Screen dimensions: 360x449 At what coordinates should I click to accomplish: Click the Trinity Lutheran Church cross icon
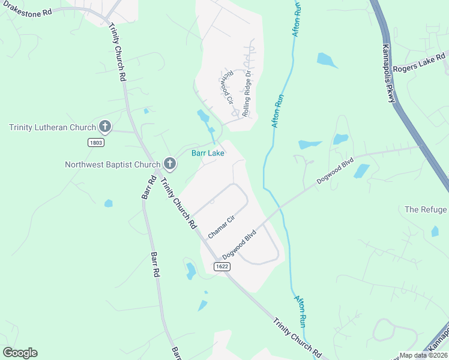point(104,127)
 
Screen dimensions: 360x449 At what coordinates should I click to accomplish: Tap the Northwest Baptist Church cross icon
point(169,164)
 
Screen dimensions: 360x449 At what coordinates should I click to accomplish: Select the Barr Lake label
point(208,154)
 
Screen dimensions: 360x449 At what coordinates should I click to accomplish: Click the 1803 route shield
point(95,142)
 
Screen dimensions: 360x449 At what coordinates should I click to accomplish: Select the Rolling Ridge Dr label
point(246,94)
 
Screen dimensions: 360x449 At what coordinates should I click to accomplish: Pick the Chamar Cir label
point(220,227)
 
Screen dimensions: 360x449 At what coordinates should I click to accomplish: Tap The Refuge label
point(426,209)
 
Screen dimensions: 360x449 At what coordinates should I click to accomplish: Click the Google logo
point(20,353)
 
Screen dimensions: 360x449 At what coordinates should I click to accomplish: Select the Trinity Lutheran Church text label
point(52,127)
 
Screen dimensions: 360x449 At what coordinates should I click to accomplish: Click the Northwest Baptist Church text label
point(112,164)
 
